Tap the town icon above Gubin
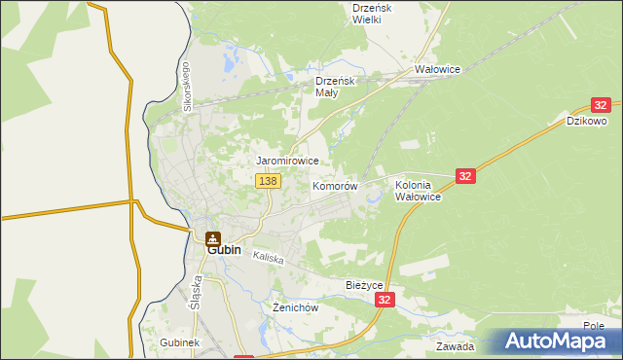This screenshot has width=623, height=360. click(213, 236)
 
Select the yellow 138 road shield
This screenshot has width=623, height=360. click(269, 181)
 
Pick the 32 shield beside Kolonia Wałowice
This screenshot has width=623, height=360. click(465, 175)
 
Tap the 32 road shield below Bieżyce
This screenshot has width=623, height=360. click(386, 302)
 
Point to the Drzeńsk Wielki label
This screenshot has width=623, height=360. click(372, 13)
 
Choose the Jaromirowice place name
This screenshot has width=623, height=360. click(287, 160)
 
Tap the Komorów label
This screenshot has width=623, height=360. click(336, 186)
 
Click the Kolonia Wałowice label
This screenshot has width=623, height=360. click(419, 190)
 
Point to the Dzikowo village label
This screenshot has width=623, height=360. click(587, 122)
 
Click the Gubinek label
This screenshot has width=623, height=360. click(179, 344)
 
